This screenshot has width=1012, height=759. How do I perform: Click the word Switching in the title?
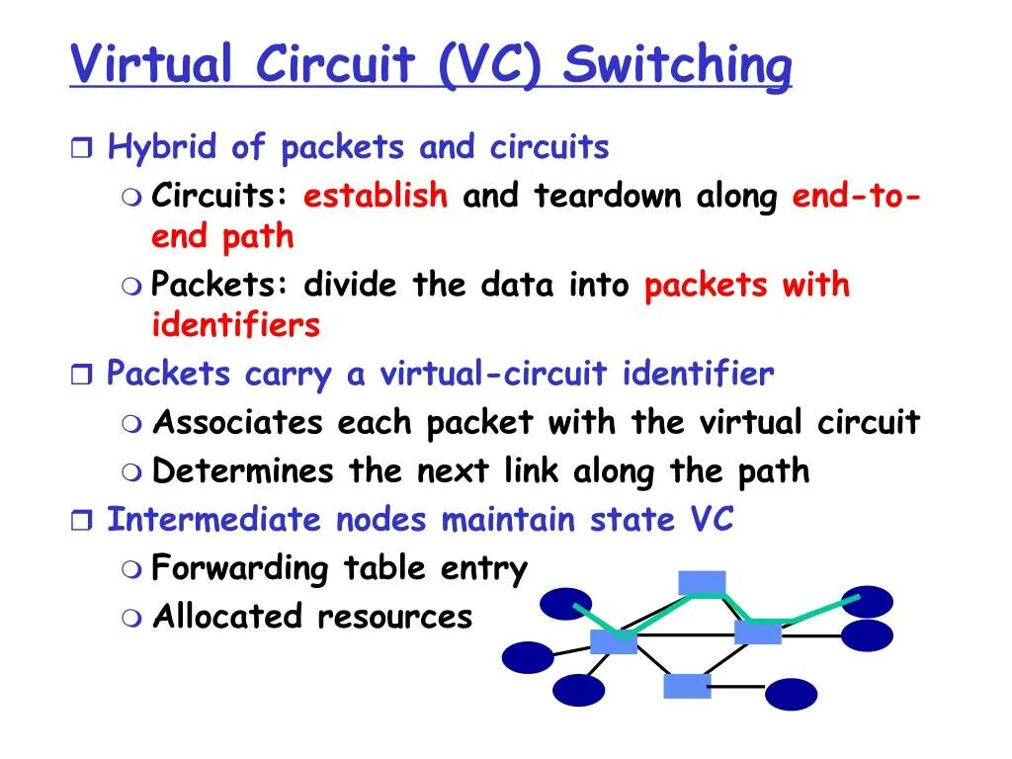[677, 66]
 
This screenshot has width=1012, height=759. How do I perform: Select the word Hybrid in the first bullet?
[161, 148]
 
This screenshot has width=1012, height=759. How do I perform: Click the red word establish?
[376, 196]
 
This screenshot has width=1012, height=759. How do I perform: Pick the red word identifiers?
[236, 324]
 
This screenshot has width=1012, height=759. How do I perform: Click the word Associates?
[238, 423]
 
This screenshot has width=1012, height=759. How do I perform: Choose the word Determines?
[243, 470]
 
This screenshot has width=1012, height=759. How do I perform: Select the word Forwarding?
[239, 568]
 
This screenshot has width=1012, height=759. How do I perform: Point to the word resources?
[394, 618]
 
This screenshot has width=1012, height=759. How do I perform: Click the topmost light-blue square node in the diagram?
[703, 583]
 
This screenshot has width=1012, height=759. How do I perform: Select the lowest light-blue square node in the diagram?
[687, 686]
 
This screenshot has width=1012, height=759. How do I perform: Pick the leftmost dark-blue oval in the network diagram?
[528, 657]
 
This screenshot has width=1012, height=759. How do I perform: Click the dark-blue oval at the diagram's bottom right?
[792, 695]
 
